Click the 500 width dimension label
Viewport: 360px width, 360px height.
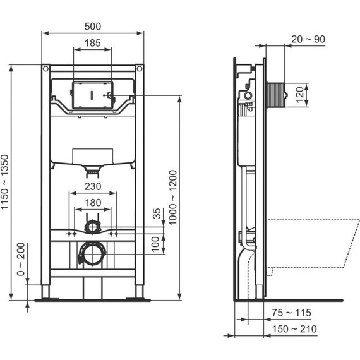(92, 26)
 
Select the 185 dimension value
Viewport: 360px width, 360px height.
(92, 43)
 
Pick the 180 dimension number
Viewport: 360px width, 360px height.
(93, 202)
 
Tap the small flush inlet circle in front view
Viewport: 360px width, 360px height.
(93, 225)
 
